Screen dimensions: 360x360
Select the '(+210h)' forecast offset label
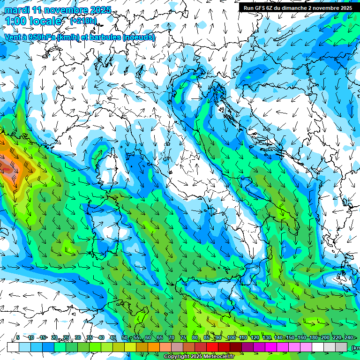click(83, 21)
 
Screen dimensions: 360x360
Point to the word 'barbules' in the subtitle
click(105, 37)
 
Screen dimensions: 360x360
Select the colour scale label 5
click(18, 338)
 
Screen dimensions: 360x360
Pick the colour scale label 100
click(231, 338)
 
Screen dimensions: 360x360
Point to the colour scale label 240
click(348, 338)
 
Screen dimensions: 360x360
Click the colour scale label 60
click(148, 338)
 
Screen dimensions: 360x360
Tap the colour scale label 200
click(325, 338)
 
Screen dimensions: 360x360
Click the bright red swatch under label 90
click(213, 347)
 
